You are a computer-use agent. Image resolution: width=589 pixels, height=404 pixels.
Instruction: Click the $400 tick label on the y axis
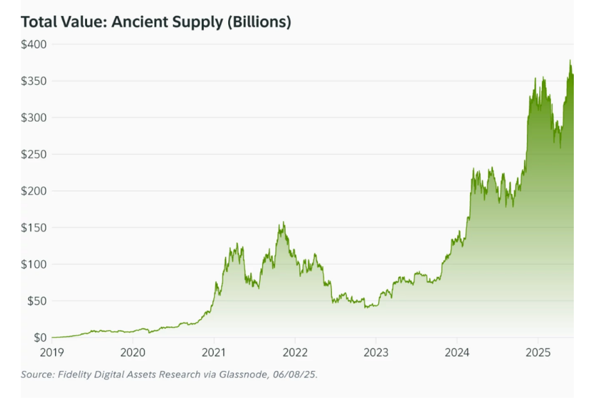click(34, 44)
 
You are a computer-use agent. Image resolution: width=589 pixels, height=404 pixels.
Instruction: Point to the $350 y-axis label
click(34, 81)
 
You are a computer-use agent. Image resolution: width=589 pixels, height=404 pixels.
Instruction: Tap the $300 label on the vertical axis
click(34, 118)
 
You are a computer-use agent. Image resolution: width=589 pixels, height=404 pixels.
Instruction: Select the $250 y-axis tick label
click(34, 154)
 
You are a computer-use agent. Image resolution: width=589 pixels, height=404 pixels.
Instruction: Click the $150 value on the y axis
click(34, 228)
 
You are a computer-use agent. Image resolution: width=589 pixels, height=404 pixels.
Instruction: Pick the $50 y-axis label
click(37, 301)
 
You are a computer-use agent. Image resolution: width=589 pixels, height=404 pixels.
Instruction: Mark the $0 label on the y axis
click(40, 338)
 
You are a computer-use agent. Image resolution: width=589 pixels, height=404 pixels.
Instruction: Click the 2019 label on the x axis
click(52, 353)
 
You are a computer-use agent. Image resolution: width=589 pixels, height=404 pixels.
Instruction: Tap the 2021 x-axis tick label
click(214, 353)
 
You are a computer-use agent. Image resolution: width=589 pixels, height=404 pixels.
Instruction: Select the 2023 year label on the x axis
click(376, 353)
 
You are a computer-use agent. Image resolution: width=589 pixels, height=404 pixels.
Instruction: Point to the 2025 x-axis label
click(538, 353)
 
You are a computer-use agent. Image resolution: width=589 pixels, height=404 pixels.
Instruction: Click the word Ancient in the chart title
click(140, 22)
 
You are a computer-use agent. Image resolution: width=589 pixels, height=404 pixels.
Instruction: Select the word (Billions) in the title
click(259, 22)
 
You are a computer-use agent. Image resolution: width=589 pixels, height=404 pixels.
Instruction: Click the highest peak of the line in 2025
click(570, 60)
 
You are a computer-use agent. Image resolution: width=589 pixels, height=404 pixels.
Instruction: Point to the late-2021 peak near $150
click(284, 222)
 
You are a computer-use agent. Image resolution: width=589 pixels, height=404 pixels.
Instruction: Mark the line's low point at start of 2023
click(365, 308)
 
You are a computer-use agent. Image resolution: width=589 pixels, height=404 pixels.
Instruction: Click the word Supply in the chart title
click(198, 23)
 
